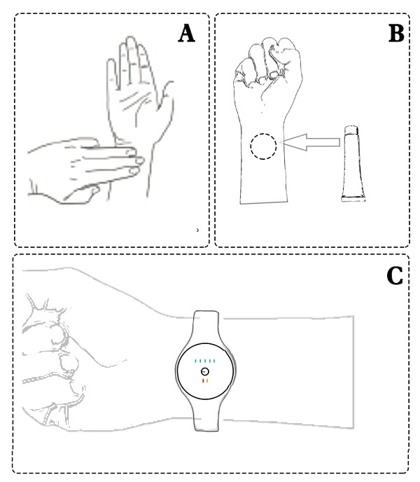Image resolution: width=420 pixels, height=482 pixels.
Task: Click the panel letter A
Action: [x=186, y=34]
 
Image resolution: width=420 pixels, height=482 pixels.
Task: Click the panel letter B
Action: [x=396, y=34]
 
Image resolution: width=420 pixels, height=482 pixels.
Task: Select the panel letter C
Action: [x=395, y=275]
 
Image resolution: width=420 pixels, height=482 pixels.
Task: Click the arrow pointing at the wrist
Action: [x=310, y=142]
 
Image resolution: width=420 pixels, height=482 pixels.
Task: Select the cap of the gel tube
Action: [x=351, y=130]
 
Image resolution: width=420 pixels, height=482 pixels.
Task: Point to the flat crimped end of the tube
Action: [x=353, y=199]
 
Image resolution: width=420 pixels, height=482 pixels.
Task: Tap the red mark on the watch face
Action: [x=203, y=381]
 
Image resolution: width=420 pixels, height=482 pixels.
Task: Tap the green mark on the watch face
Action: [x=208, y=381]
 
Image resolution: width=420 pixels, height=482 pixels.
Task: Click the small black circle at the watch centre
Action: [x=205, y=371]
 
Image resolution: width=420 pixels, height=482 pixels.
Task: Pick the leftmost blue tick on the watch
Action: [x=195, y=361]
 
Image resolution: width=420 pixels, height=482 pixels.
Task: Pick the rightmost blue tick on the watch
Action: [x=214, y=361]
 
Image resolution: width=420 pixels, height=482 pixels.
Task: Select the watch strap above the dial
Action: [x=206, y=326]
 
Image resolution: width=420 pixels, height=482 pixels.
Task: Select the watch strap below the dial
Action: [x=206, y=414]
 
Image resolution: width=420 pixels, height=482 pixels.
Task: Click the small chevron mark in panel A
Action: [x=197, y=230]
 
